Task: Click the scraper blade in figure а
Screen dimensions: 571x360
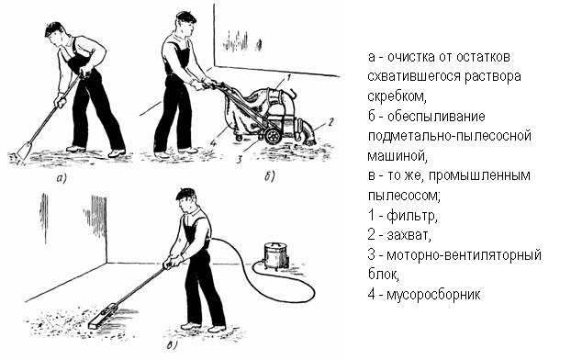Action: point(25,150)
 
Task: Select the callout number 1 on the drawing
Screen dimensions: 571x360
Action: point(288,77)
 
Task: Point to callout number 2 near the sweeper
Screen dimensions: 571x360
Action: point(330,122)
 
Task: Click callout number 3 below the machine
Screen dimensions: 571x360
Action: point(240,159)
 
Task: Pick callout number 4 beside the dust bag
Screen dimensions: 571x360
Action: point(213,143)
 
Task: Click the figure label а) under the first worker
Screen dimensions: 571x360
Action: point(62,178)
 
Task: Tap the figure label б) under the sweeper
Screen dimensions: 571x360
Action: point(270,176)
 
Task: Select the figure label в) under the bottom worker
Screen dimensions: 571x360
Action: point(173,345)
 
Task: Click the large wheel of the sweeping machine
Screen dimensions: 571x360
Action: point(273,136)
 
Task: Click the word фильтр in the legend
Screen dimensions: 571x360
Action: point(412,216)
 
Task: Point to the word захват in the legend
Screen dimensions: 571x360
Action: point(409,235)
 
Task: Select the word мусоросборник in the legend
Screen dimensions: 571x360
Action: point(433,295)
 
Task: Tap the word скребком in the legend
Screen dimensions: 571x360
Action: point(397,96)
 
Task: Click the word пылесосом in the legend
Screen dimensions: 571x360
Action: point(404,196)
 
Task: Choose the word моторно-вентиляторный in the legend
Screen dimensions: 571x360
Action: point(464,254)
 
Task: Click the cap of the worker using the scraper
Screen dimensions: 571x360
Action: point(54,28)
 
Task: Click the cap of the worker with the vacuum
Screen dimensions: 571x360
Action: point(185,193)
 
